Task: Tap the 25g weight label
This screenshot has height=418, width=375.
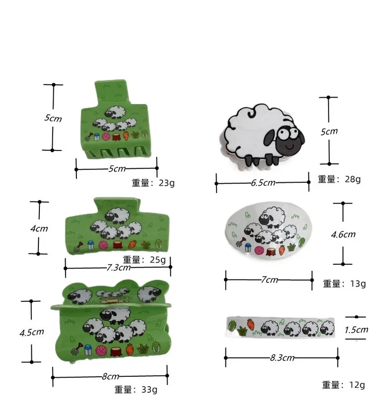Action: (x=144, y=260)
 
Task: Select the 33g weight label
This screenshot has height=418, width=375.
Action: (x=136, y=390)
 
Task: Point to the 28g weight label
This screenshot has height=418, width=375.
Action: (x=339, y=179)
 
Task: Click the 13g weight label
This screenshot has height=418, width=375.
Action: (x=344, y=284)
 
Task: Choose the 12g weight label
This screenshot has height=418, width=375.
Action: (x=344, y=385)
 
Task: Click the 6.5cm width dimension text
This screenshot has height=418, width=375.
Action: (x=262, y=183)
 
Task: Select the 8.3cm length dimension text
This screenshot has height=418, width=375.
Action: (x=282, y=358)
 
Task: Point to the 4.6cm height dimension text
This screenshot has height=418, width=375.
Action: (x=343, y=234)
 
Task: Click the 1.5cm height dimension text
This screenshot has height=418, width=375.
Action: (x=356, y=330)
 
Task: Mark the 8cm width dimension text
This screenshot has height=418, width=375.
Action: (x=110, y=377)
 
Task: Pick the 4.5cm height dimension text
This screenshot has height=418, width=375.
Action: (x=31, y=332)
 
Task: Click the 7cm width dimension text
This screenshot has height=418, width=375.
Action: (x=269, y=279)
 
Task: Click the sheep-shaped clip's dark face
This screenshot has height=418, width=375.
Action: (x=287, y=140)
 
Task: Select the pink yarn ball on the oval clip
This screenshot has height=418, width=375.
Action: (x=258, y=250)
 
